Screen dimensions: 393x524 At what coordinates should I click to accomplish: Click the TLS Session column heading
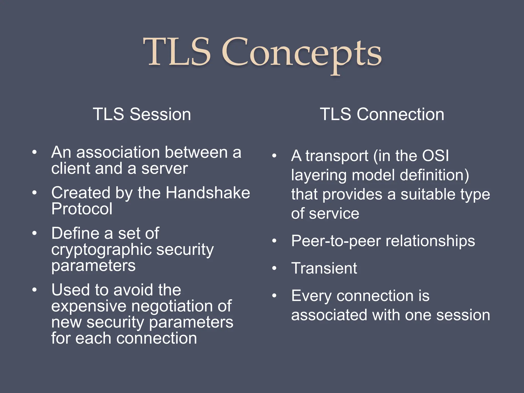point(142,114)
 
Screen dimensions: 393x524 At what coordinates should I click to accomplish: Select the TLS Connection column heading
point(382,114)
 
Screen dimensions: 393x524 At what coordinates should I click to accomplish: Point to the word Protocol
point(82,209)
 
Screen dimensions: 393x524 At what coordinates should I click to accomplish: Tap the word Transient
point(324,268)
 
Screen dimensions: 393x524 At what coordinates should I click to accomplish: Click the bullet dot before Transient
point(274,268)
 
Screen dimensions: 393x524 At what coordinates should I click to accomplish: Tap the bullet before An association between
point(35,152)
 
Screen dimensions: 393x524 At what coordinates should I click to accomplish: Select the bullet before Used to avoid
point(35,290)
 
